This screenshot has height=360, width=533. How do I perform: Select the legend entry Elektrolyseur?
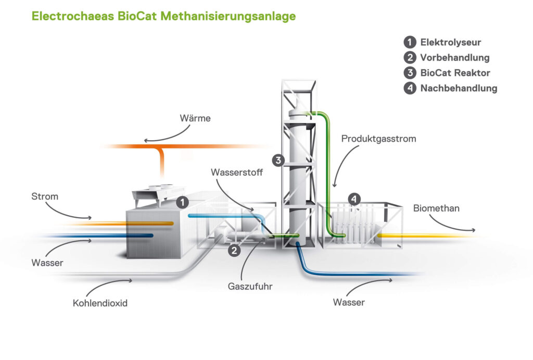coord(450,43)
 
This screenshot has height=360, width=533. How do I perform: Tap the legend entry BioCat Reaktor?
coord(455,73)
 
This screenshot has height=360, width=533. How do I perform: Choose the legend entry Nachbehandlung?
coord(459,88)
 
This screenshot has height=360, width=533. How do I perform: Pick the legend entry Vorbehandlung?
coord(454,58)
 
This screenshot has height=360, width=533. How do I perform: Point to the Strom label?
coord(45,196)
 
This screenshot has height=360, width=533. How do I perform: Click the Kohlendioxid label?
coord(100,303)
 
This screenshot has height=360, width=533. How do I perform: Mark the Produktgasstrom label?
coord(371,139)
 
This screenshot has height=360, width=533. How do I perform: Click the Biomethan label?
coord(436,208)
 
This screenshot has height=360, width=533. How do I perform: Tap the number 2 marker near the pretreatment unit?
coord(235,251)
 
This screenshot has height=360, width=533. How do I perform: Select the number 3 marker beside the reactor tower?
coord(278,160)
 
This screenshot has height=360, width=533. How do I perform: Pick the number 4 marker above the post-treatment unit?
coord(354,198)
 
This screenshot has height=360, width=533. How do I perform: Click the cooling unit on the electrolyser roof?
coord(159,193)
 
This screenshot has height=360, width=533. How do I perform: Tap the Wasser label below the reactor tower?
coord(349,302)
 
